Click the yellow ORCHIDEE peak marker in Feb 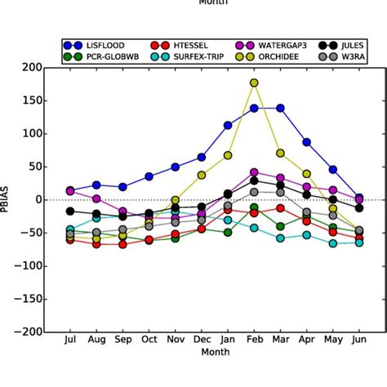click(254, 82)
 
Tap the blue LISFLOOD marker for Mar click(280, 108)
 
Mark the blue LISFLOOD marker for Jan click(228, 126)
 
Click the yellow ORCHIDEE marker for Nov click(175, 200)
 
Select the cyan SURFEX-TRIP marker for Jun click(359, 242)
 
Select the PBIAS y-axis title click(10, 200)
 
